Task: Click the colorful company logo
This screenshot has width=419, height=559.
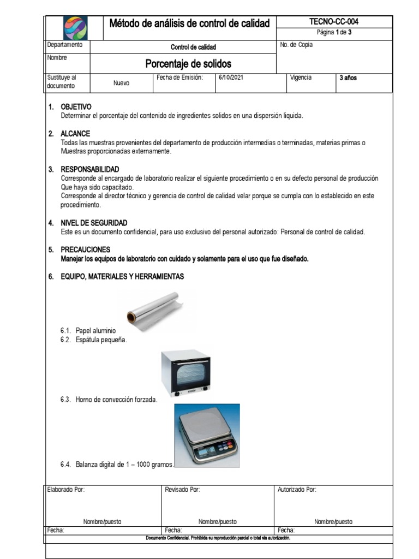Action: (74, 27)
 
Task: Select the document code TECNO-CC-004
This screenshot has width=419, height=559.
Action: (333, 21)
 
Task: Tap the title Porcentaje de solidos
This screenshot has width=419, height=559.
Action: (188, 64)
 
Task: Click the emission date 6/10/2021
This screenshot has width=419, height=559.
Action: (231, 78)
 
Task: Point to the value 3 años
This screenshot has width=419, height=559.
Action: (348, 78)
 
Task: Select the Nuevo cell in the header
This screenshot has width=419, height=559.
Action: (121, 84)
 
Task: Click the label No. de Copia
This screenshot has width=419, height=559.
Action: (296, 45)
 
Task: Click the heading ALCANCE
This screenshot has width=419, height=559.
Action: (75, 134)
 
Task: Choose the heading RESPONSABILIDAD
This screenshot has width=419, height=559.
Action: (89, 169)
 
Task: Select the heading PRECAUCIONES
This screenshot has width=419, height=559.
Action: (85, 249)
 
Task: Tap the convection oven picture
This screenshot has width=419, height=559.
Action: (185, 373)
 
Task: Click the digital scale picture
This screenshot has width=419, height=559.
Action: (207, 436)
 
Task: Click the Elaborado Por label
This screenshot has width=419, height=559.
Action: (66, 490)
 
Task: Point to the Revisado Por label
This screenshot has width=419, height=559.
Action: (182, 490)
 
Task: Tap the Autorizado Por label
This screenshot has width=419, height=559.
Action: (297, 490)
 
